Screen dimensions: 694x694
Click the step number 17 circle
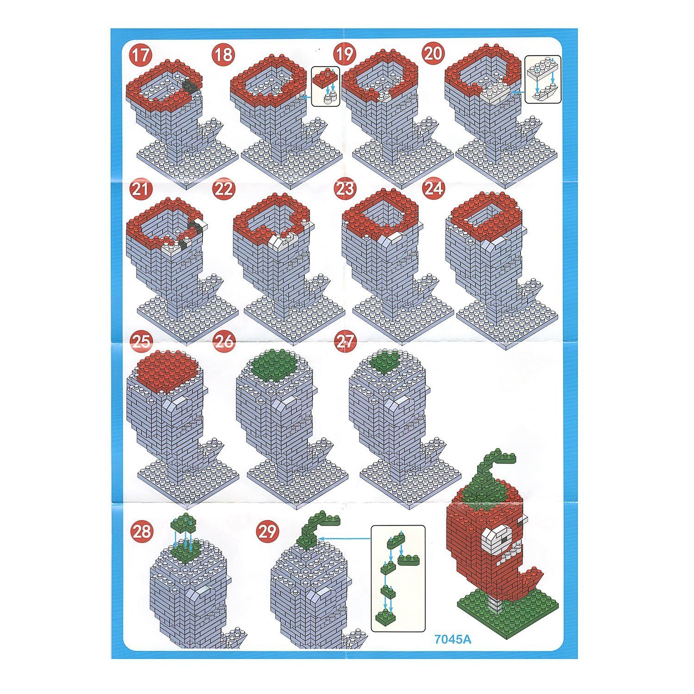point(141,55)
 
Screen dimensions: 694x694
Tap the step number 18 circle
point(223,55)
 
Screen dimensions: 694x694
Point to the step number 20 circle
point(433,54)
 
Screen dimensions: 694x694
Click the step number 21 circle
point(141,189)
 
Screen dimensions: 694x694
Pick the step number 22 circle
point(223,189)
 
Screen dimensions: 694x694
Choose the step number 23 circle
point(345,189)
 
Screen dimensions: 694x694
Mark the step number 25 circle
point(142,341)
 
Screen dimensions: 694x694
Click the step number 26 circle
point(224,342)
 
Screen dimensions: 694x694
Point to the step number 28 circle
point(142,531)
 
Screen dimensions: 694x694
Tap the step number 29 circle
point(266,532)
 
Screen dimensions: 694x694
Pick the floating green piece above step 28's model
point(184,524)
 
